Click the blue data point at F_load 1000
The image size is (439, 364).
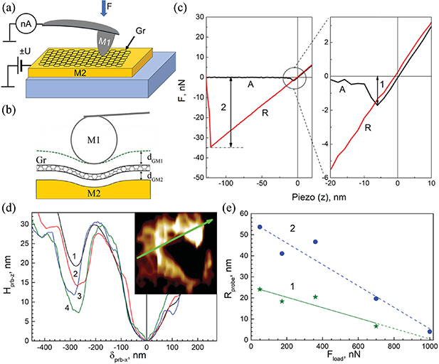tap(430, 331)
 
